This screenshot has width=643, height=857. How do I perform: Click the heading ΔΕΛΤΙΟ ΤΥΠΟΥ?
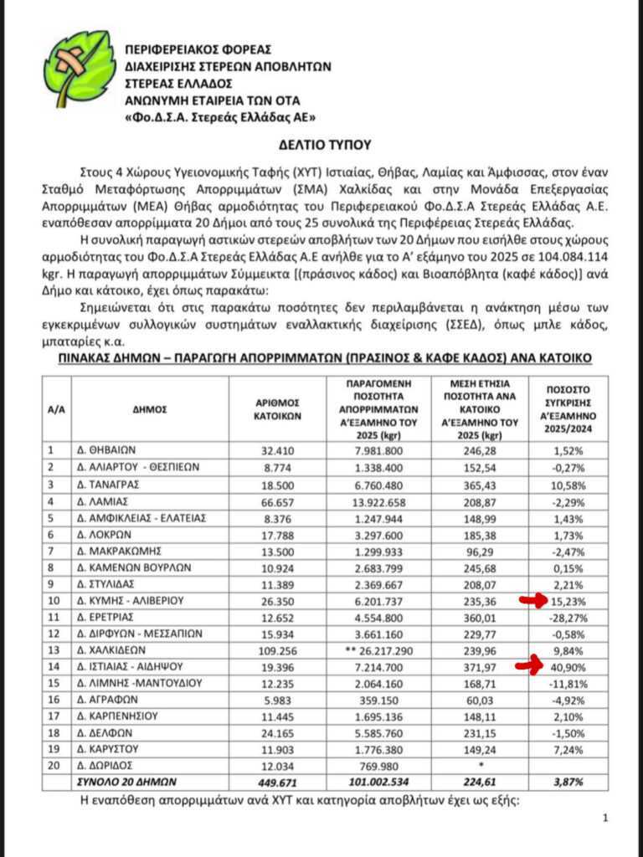pos(321,145)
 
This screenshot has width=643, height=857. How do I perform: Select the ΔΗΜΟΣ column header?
pos(150,409)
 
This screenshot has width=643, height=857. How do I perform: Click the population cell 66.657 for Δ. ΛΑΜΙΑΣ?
pos(278,500)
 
